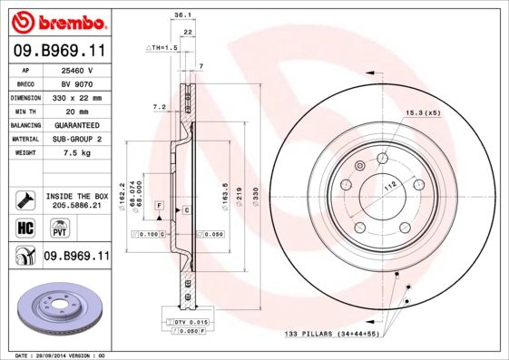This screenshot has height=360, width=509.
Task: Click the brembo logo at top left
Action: click(57, 20)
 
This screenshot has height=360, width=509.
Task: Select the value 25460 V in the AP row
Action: click(77, 70)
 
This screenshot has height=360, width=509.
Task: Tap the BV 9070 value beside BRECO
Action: click(77, 83)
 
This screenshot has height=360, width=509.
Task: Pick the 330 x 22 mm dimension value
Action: click(77, 97)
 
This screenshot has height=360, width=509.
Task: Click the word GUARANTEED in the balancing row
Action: click(77, 124)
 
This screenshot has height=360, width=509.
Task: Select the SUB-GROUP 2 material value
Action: click(77, 139)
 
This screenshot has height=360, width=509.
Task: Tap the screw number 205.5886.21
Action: click(77, 206)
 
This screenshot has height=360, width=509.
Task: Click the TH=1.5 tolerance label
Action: click(164, 46)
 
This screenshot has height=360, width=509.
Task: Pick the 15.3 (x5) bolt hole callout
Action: click(421, 112)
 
